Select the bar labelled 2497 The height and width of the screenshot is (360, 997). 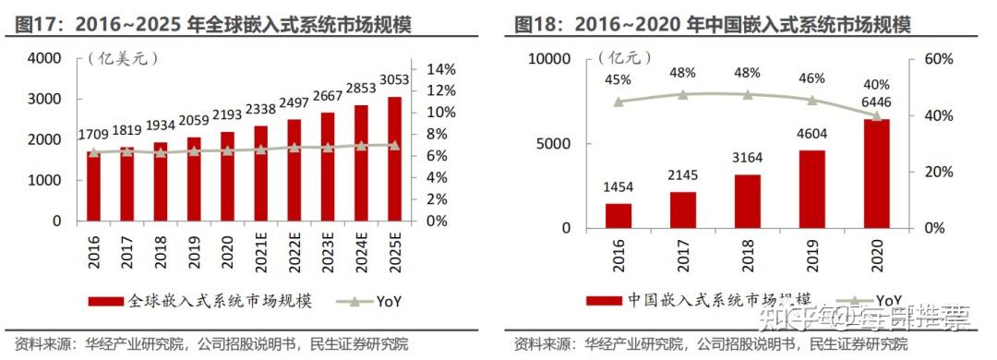[x=294, y=170]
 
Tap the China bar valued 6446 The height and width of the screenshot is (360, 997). [x=877, y=174]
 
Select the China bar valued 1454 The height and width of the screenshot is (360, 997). [x=619, y=216]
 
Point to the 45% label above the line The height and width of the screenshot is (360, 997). [x=619, y=80]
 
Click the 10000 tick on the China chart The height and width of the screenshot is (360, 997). [x=551, y=59]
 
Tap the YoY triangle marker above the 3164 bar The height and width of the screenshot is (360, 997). [x=748, y=94]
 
